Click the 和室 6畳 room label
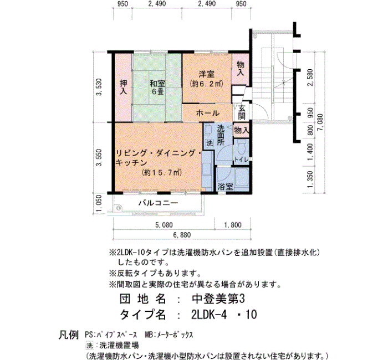click(x=157, y=88)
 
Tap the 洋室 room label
click(x=207, y=74)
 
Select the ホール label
click(x=208, y=113)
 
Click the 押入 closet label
click(x=124, y=87)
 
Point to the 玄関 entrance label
click(x=242, y=112)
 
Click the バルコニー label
click(x=158, y=203)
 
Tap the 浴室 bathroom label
click(x=225, y=187)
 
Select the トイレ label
click(x=241, y=160)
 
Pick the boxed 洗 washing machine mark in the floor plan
click(x=210, y=143)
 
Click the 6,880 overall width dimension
click(x=182, y=235)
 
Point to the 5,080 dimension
click(x=164, y=225)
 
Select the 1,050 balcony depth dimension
click(x=99, y=204)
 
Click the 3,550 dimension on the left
click(x=99, y=157)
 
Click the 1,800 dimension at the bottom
click(x=233, y=225)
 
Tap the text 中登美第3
click(x=218, y=299)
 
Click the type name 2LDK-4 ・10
click(x=224, y=315)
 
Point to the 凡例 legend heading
click(x=69, y=335)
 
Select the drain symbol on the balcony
click(x=119, y=208)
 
